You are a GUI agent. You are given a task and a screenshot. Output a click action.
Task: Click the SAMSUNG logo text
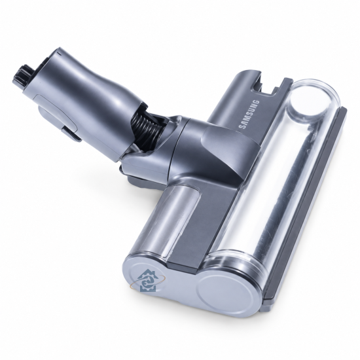(249, 115)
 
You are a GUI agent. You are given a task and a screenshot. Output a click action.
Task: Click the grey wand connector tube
(91, 101)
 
